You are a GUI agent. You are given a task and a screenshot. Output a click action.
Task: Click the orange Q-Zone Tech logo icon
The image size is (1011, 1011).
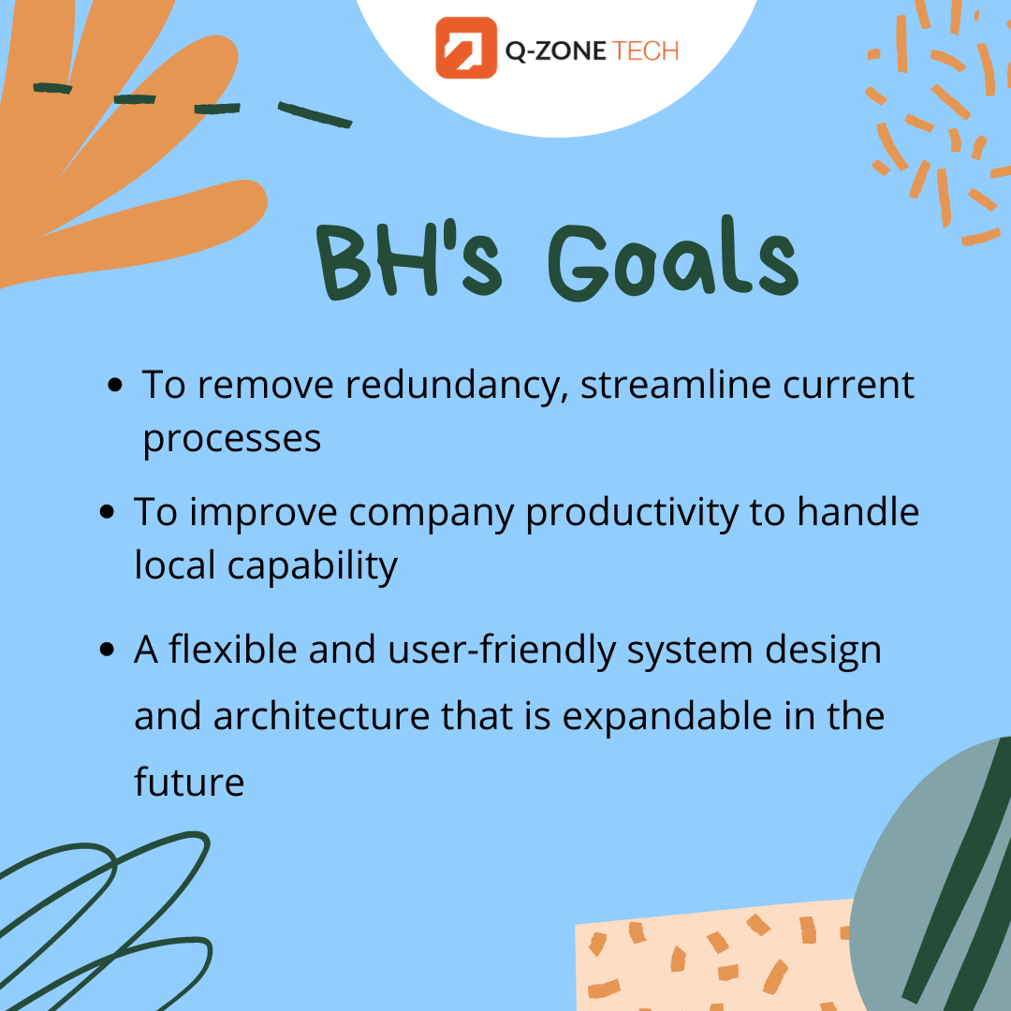(x=466, y=48)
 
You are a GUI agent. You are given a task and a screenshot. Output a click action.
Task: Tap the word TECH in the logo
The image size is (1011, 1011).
(x=645, y=51)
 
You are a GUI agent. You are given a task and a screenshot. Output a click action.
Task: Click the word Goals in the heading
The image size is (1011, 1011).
(x=674, y=259)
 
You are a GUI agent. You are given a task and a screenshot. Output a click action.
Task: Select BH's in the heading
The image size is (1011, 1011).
(x=409, y=260)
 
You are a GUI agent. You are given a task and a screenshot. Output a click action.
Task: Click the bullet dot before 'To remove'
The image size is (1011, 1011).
(x=115, y=386)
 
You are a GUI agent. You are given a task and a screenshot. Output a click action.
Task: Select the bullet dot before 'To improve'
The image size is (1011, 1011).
(x=107, y=513)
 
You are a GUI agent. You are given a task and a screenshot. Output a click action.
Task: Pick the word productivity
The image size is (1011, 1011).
(x=632, y=514)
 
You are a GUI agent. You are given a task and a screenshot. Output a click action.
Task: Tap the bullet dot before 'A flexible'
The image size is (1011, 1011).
(x=107, y=650)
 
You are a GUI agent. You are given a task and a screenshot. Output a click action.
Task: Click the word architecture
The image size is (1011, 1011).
(x=321, y=716)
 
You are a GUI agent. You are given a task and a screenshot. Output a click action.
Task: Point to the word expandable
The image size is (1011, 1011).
(x=667, y=717)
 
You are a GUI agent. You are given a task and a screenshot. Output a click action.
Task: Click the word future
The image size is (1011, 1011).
(x=189, y=781)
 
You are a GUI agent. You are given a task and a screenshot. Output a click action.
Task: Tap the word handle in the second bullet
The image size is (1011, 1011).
(x=857, y=512)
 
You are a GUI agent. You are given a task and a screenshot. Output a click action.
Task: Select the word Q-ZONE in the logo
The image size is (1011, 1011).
(x=555, y=51)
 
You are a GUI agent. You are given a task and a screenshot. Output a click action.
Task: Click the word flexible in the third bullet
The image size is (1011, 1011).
(x=233, y=649)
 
